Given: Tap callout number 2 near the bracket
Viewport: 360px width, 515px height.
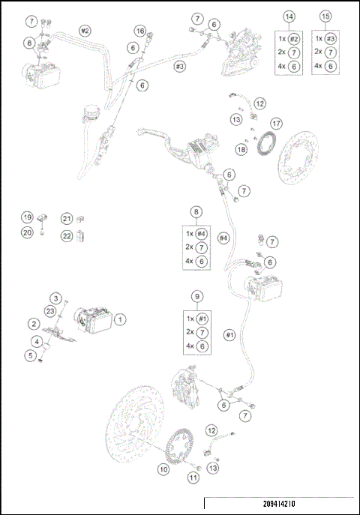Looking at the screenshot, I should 34,323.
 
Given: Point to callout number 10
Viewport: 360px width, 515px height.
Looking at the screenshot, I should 163,469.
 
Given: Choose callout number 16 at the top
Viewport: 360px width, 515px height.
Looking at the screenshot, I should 140,30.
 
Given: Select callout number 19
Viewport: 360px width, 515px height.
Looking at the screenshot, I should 26,218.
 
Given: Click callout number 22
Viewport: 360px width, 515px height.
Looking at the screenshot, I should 67,235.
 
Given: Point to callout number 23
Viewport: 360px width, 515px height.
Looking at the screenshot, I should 50,310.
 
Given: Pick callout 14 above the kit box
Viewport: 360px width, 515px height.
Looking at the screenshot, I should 289,16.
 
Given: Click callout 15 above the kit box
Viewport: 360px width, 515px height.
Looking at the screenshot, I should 325,16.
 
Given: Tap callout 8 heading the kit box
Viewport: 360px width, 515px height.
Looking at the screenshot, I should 197,212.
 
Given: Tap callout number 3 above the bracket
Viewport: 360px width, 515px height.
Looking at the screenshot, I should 56,298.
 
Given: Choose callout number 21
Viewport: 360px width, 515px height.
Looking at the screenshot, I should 67,218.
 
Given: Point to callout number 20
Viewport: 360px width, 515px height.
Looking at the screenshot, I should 26,233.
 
